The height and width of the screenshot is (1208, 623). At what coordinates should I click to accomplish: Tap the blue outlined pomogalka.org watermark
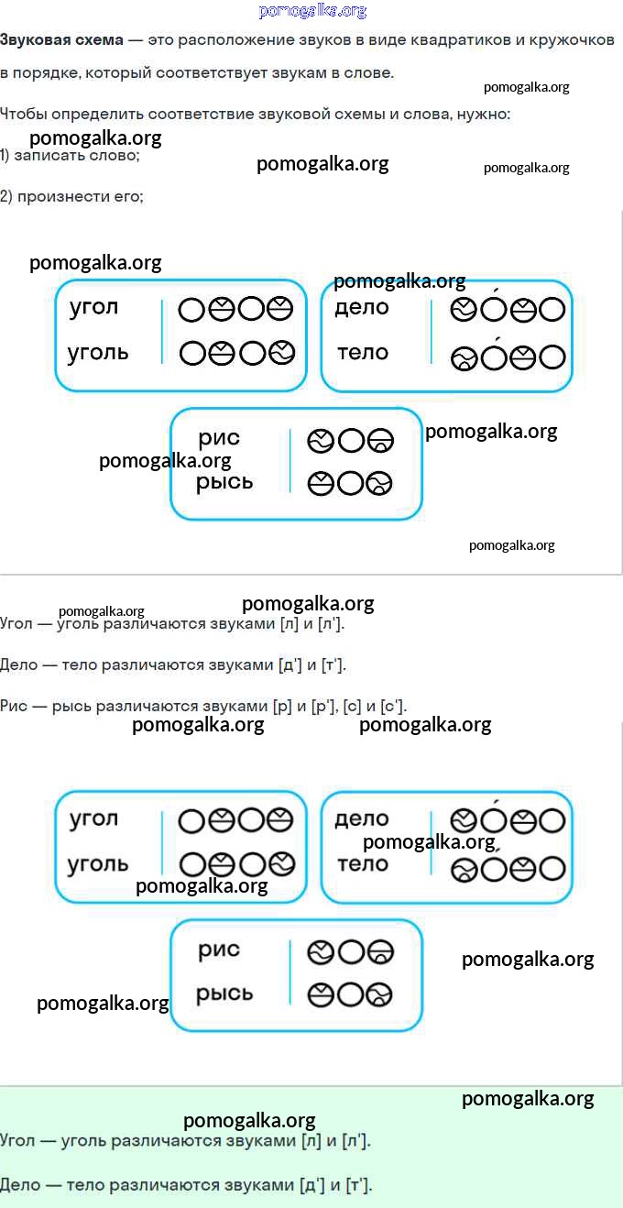312,11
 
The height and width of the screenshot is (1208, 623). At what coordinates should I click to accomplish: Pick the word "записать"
49,156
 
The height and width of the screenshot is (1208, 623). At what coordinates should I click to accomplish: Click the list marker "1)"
5,156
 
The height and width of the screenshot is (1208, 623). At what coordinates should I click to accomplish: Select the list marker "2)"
5,196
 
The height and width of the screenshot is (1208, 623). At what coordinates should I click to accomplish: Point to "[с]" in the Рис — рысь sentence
352,706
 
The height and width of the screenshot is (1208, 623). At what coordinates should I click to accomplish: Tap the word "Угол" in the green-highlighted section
17,1141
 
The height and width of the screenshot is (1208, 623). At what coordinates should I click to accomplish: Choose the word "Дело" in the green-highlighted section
20,1185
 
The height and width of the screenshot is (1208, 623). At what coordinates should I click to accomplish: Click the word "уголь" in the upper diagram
98,353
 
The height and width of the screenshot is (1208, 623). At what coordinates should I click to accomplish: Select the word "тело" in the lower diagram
363,863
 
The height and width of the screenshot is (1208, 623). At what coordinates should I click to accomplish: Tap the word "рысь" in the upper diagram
224,482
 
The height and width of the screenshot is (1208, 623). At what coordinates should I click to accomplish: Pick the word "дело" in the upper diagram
362,308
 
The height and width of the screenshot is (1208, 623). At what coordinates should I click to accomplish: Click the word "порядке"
45,73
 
